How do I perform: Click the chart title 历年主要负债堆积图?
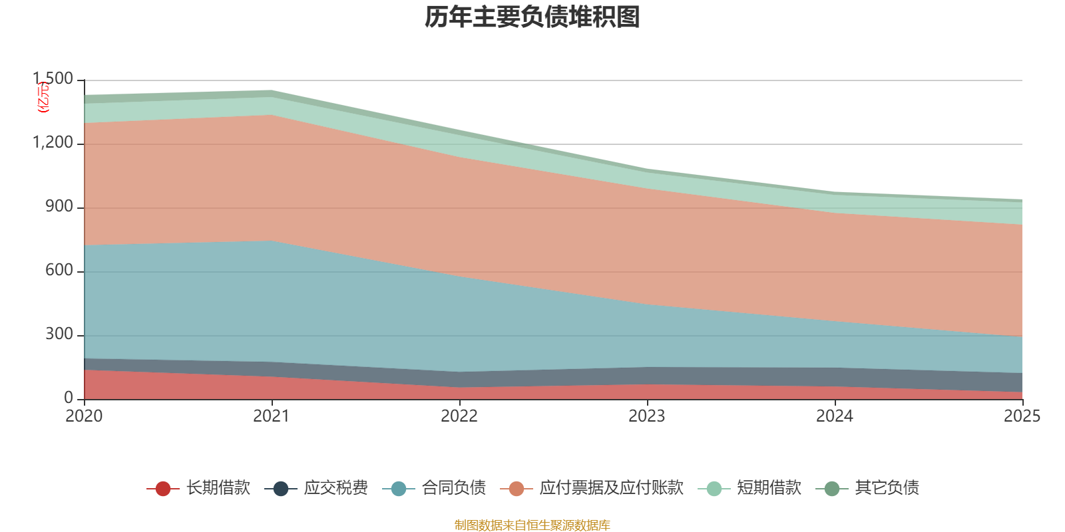tap(532, 18)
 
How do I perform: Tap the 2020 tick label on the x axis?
tap(84, 416)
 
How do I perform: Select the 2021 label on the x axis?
tap(272, 416)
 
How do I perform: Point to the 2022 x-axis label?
tap(459, 416)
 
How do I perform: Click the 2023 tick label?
tap(647, 416)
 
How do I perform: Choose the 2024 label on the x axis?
tap(835, 416)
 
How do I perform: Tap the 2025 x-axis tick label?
tap(1022, 416)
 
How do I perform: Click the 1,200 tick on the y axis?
tap(53, 144)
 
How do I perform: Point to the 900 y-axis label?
tap(59, 207)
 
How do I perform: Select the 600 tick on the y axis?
tap(59, 271)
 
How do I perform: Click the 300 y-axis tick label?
tap(59, 335)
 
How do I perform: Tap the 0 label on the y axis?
tap(69, 398)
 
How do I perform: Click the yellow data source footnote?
tap(532, 525)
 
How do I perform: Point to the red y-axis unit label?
tap(43, 97)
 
